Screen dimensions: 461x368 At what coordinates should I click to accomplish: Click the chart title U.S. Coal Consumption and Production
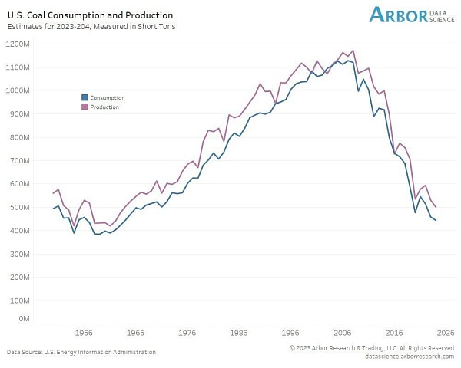coord(90,15)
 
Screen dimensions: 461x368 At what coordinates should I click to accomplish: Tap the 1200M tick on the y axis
coord(18,44)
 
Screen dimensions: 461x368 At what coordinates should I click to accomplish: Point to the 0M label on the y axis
coord(24,319)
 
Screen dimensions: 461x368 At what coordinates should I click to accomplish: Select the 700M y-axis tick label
coord(18,160)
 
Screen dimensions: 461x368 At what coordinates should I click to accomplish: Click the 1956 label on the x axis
coord(84,333)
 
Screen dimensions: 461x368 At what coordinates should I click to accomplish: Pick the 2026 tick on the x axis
coord(446,333)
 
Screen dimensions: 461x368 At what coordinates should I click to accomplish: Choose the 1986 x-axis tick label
coord(239,333)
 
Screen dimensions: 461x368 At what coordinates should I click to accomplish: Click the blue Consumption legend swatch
coord(85,97)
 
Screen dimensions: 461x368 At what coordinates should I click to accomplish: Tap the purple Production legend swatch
coord(85,107)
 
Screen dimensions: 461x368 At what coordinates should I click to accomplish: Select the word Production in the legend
coord(104,107)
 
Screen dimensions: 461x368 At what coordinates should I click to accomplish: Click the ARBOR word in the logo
coord(399,15)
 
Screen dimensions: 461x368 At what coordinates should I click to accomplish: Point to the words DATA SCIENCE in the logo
coord(442,16)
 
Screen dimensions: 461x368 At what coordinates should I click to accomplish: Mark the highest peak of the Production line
coord(353,51)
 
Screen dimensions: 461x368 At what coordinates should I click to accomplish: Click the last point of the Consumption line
coord(436,220)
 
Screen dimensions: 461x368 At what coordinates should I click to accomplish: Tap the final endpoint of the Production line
coord(436,207)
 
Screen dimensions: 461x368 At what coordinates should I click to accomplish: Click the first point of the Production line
coord(53,193)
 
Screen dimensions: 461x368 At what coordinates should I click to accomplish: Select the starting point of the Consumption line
coord(53,209)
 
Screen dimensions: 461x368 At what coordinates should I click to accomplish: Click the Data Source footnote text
coord(81,352)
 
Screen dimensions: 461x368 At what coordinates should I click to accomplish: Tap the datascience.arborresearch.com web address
coord(410,356)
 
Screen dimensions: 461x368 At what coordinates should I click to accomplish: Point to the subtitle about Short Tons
coord(91,26)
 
